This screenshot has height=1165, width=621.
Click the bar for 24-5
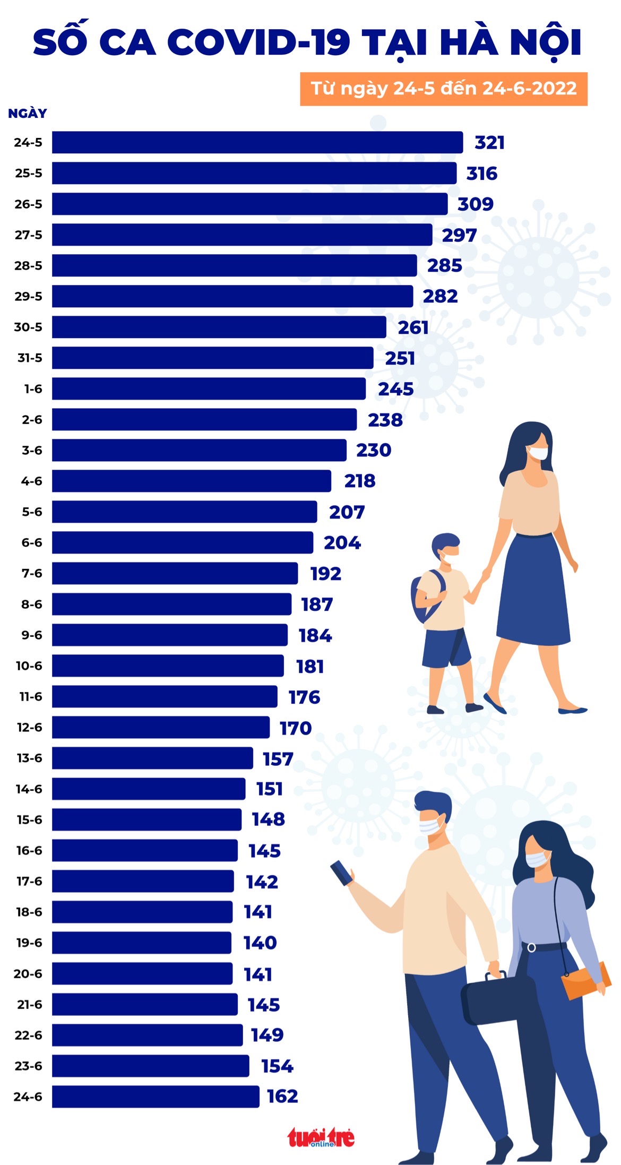(257, 142)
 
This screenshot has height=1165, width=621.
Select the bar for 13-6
(152, 758)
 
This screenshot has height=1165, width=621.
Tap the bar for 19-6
(142, 943)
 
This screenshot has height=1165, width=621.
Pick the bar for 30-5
(219, 327)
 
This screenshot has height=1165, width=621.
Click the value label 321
(489, 143)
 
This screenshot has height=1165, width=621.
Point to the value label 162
(282, 1097)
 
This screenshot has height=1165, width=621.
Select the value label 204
(342, 543)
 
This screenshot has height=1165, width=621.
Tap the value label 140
(260, 943)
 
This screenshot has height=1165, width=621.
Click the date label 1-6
(33, 389)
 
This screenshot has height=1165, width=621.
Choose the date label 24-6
(28, 1097)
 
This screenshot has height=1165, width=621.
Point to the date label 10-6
(29, 666)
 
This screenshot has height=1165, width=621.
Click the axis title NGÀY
(28, 114)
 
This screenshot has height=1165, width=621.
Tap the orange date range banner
(444, 89)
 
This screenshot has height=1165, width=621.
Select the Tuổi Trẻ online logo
(321, 1137)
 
